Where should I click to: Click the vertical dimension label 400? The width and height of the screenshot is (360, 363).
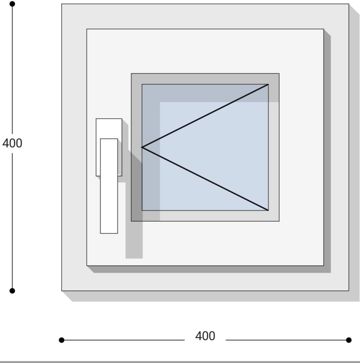(12, 143)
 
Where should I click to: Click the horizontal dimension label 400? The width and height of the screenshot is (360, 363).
(205, 336)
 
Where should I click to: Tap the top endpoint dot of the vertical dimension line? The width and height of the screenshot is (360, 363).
(12, 4)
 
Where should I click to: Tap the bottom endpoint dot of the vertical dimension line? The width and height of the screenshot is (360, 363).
(12, 291)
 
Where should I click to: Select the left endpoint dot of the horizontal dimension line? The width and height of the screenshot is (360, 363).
(62, 340)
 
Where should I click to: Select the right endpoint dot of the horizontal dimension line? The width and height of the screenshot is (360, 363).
(349, 340)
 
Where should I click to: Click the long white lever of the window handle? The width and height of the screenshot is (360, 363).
(109, 186)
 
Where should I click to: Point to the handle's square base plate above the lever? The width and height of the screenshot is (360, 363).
(109, 129)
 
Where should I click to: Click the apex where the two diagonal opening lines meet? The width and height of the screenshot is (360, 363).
(142, 147)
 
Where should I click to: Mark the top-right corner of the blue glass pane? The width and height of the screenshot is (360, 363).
(268, 84)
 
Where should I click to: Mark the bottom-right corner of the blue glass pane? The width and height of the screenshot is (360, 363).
(268, 210)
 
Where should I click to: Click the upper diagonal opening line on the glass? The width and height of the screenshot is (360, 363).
(205, 116)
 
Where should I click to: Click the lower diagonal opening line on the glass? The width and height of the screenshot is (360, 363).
(205, 179)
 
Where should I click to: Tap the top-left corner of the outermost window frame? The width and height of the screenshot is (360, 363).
(62, 4)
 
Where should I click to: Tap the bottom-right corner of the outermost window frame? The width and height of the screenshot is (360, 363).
(349, 291)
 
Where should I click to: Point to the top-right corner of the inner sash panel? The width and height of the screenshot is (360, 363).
(324, 29)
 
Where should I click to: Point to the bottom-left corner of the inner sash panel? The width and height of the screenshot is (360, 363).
(87, 265)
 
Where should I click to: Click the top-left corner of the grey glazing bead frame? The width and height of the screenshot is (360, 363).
(131, 73)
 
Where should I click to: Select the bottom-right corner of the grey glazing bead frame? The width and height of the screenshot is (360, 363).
(279, 221)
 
